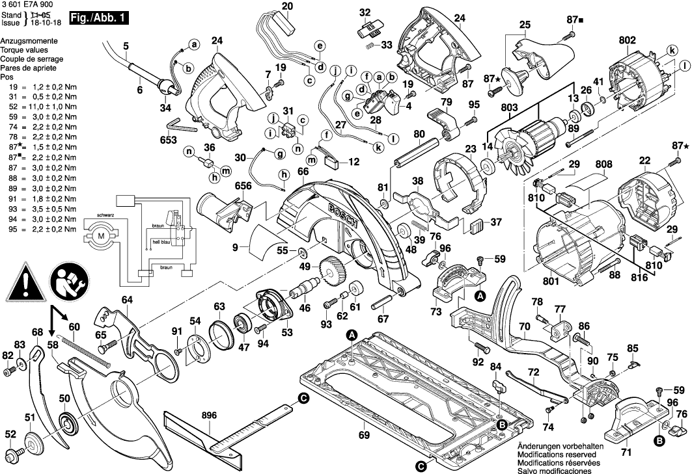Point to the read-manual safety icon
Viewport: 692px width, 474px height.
pyautogui.click(x=68, y=282)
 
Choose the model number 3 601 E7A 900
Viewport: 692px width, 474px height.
pyautogui.click(x=28, y=5)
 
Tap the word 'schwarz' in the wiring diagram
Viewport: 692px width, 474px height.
pyautogui.click(x=107, y=215)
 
